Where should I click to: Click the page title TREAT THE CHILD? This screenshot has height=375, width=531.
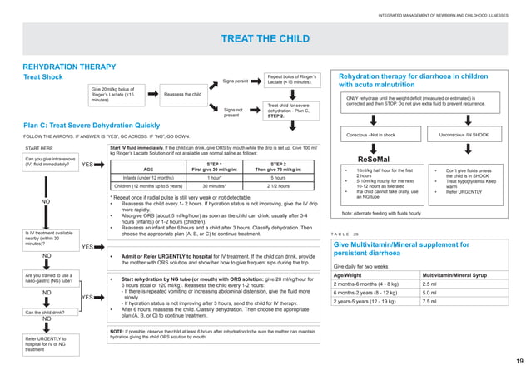tap(265, 39)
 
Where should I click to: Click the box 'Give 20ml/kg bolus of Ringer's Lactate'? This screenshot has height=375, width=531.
tap(114, 95)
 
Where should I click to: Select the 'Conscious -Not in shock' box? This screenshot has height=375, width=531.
tap(371, 135)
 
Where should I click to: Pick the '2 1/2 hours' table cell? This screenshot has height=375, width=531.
tap(278, 186)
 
